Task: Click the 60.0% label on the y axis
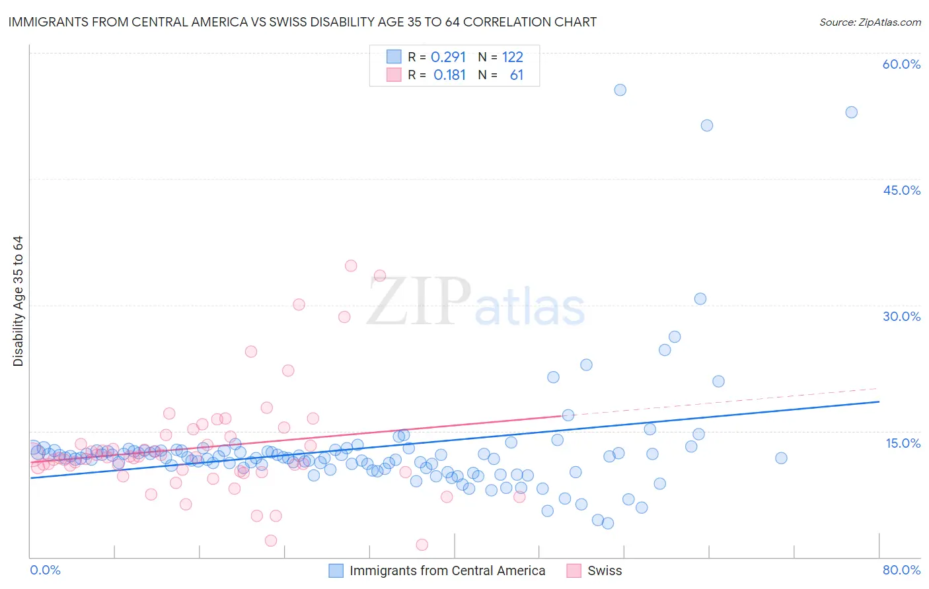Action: click(901, 64)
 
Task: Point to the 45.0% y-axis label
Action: click(901, 190)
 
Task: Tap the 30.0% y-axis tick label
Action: click(901, 316)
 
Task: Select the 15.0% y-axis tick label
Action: click(903, 443)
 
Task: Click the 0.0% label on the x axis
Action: click(45, 570)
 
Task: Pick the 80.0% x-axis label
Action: click(901, 570)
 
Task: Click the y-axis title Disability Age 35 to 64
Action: click(18, 301)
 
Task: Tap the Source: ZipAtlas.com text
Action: click(870, 22)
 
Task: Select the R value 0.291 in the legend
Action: click(448, 57)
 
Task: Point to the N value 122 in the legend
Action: click(512, 57)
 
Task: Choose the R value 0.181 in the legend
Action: click(449, 75)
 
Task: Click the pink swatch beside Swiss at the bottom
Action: click(574, 571)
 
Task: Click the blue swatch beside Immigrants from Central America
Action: click(336, 571)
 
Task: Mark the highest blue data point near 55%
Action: click(620, 90)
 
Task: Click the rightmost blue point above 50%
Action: click(851, 112)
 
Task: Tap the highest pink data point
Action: click(351, 266)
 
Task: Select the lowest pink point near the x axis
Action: click(422, 545)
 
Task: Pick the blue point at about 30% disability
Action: click(700, 298)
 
